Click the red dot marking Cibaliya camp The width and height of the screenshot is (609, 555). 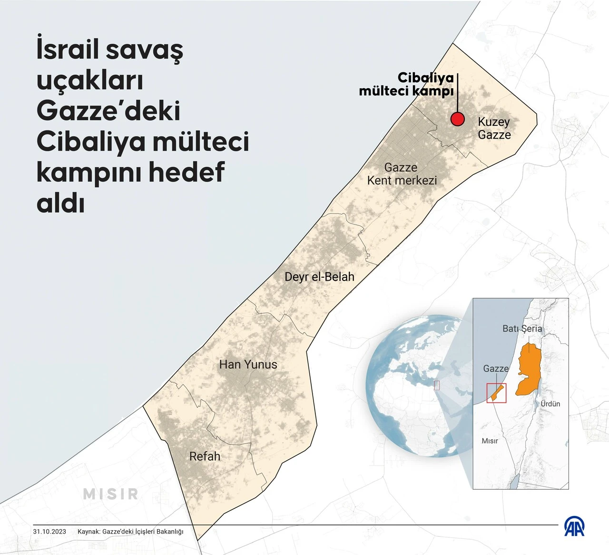[x=457, y=119]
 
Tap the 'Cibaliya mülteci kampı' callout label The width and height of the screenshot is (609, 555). [x=406, y=84]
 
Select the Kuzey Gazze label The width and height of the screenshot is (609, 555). [x=494, y=128]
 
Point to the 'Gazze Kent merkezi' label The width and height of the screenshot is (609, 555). [x=402, y=174]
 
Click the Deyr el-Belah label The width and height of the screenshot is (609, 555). [x=319, y=277]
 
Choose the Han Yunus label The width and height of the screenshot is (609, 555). [x=248, y=364]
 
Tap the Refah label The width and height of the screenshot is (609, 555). [x=205, y=456]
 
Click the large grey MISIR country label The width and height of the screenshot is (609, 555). [x=111, y=494]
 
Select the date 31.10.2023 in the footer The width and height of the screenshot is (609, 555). [x=49, y=532]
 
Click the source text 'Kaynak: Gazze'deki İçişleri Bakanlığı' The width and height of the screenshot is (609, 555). [x=130, y=532]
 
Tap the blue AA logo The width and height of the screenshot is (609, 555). [x=574, y=526]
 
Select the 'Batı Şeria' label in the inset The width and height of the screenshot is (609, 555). [x=522, y=329]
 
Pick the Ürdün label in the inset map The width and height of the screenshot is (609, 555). [x=550, y=404]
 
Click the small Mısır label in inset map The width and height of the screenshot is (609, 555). [x=490, y=441]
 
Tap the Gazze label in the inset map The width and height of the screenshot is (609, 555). [x=496, y=369]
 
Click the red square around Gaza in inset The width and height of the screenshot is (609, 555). [x=496, y=393]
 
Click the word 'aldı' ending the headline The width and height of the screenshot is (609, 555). [x=60, y=202]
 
